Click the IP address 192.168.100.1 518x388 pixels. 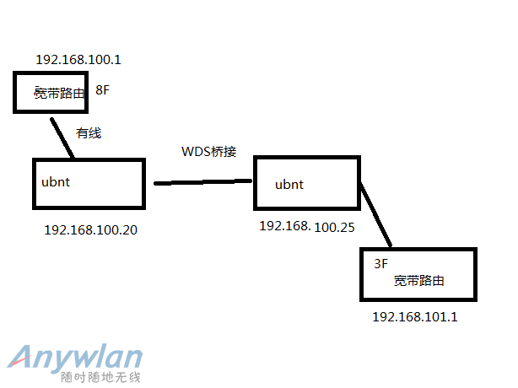[78, 59]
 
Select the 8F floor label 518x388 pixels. [102, 89]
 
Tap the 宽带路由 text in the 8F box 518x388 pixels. [59, 93]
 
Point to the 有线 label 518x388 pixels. [89, 133]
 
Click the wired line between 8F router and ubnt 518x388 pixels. [62, 138]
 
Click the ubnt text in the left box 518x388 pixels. [56, 182]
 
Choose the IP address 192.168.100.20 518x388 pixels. [90, 229]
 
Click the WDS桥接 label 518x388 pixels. [208, 151]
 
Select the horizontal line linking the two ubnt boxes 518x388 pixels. [202, 182]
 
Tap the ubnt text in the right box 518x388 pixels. [289, 185]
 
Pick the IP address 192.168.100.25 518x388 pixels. [307, 227]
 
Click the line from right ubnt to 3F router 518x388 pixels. [376, 214]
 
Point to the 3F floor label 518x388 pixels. [380, 263]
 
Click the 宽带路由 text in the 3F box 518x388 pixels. [419, 281]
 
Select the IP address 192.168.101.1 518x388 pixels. [415, 316]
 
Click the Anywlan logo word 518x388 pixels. [75, 358]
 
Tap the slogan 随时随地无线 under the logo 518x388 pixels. [100, 377]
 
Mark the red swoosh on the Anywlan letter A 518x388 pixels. [19, 362]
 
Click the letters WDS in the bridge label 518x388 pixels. [196, 151]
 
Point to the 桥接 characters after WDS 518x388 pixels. [224, 151]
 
